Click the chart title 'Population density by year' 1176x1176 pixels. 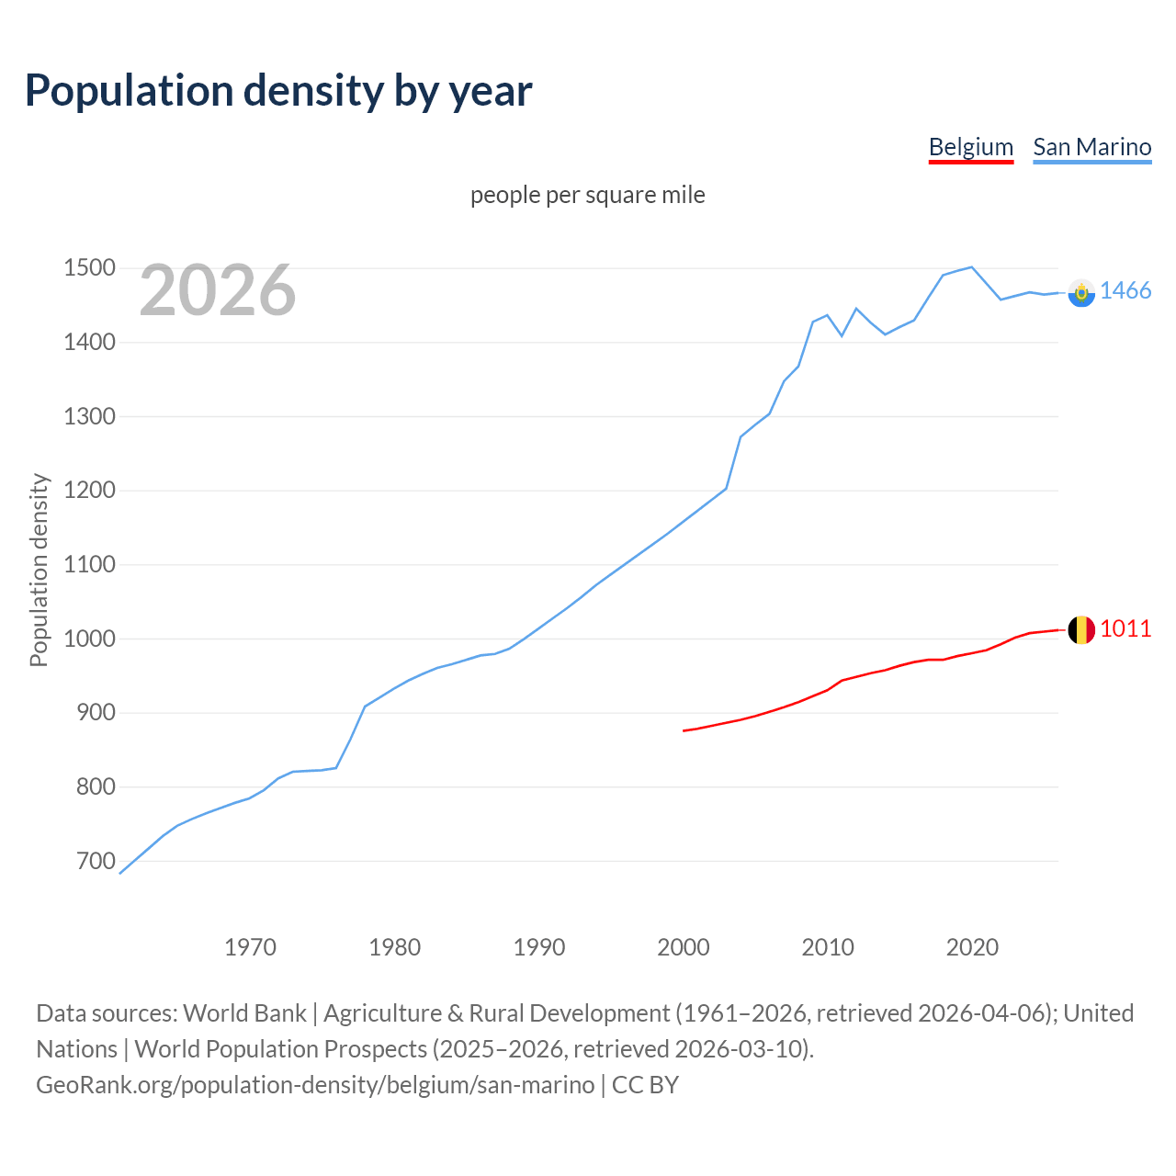[x=278, y=91]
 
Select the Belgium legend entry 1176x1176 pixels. [x=970, y=147]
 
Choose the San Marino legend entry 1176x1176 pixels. [x=1091, y=147]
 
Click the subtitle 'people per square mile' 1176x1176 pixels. [x=587, y=195]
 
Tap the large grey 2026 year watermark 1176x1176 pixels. [x=218, y=290]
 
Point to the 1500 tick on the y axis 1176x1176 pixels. [x=89, y=268]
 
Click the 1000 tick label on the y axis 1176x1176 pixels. [x=89, y=639]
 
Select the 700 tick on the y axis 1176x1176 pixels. [x=96, y=861]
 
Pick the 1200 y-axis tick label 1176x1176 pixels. [x=89, y=490]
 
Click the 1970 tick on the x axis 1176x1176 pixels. [x=250, y=947]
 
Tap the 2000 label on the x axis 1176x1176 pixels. [x=683, y=947]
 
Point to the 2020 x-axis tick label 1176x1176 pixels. [x=972, y=947]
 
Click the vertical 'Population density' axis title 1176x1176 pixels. [x=39, y=570]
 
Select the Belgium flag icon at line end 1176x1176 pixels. [x=1080, y=629]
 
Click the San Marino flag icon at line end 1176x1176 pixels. [x=1081, y=292]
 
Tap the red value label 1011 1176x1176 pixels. [x=1125, y=628]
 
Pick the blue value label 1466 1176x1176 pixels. [x=1125, y=290]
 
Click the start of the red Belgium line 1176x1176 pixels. [x=684, y=730]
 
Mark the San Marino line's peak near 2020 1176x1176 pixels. [x=971, y=267]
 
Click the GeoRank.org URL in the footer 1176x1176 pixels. [x=315, y=1085]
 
